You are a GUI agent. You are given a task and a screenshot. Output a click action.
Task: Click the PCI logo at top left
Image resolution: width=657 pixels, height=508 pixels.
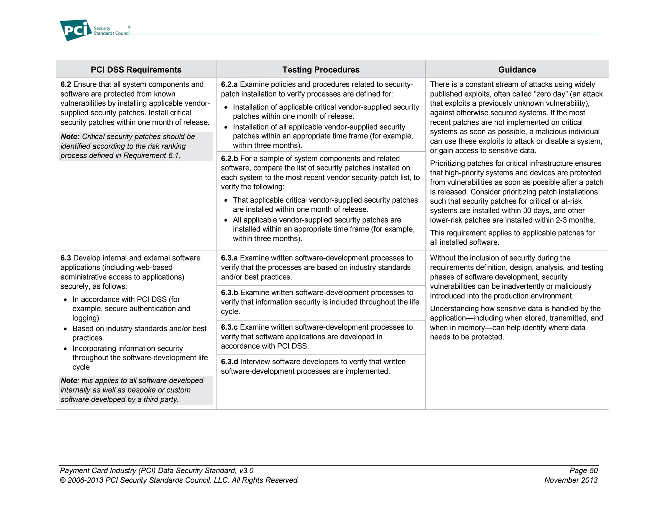tap(76, 30)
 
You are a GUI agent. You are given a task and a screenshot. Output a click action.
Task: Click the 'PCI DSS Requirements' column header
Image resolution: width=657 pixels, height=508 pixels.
tap(136, 70)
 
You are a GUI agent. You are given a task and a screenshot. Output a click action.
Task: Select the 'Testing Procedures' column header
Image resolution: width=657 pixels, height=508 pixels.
tap(321, 70)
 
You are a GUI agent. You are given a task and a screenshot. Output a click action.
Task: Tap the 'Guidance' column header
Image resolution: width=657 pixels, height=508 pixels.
tap(517, 70)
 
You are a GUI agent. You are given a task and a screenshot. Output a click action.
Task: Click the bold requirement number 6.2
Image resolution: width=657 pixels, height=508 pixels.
tap(66, 84)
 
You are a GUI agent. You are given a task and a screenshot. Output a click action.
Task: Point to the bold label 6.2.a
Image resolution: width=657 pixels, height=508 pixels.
tap(229, 84)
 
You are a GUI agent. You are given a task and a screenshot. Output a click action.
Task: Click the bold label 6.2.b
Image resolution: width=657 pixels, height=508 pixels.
tap(229, 159)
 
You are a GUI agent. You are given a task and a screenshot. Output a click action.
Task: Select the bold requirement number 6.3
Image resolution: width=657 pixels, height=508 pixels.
tap(66, 258)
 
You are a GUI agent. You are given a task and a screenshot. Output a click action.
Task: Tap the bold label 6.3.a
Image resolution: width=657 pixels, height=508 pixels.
tap(229, 258)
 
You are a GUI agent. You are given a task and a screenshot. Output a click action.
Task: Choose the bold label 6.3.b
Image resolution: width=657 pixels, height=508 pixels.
tap(229, 293)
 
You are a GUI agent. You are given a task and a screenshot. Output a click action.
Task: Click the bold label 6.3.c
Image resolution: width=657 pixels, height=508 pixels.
tap(229, 327)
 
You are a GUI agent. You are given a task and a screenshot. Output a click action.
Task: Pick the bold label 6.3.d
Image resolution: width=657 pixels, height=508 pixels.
tap(229, 362)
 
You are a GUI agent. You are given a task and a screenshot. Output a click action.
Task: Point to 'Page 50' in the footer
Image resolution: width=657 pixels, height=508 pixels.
tap(584, 471)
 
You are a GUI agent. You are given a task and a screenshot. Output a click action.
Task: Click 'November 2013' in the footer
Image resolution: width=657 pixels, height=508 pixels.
tap(571, 480)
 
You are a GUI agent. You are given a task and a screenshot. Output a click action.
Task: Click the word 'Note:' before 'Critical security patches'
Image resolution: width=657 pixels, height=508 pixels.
tap(70, 137)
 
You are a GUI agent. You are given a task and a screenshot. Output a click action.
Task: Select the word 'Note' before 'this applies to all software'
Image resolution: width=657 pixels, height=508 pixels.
tap(69, 381)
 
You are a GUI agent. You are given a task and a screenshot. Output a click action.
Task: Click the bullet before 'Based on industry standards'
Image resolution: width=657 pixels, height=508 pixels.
tap(65, 329)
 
